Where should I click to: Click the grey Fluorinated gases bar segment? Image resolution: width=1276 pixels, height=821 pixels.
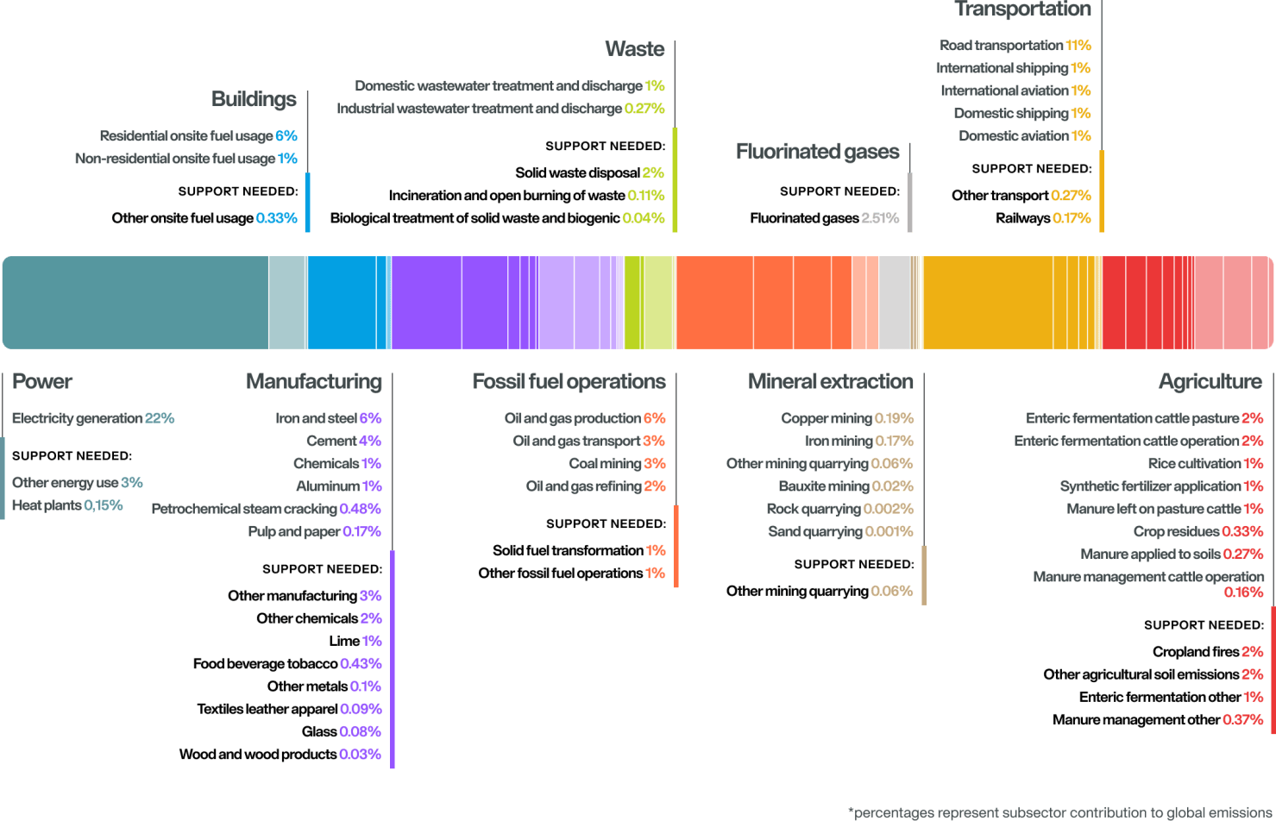coord(894,303)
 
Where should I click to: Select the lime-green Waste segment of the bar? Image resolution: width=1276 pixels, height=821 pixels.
coord(650,303)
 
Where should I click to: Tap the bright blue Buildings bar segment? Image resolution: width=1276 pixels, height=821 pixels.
coord(349,303)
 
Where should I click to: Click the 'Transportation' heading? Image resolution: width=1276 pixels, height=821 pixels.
coord(1022,9)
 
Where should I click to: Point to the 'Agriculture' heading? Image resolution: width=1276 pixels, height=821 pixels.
coord(1210,381)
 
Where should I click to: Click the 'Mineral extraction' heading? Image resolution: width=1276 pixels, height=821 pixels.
coord(830,381)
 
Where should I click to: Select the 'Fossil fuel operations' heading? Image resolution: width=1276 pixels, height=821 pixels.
coord(569,381)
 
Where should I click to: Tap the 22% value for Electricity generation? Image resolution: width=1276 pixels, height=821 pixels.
coord(160,418)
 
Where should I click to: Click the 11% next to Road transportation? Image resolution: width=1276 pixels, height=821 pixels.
coord(1078,45)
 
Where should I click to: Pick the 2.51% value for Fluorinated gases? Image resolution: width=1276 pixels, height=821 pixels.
coord(880,218)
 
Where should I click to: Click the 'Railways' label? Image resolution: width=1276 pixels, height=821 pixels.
coord(1022,218)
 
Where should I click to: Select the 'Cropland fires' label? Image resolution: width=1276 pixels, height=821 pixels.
coord(1195,652)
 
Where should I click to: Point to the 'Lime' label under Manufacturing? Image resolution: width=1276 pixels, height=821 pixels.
coord(344,641)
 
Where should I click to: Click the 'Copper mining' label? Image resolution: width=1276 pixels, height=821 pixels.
coord(826,418)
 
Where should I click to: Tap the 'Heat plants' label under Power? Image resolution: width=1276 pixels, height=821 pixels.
coord(47,505)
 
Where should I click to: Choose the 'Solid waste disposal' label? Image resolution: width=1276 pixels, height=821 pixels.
coord(577,172)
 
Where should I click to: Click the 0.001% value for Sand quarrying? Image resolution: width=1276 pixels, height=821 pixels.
coord(889,531)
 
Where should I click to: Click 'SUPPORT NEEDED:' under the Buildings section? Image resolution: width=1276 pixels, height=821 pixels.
coord(237,191)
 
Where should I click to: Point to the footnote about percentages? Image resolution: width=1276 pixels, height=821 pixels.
coord(1060,812)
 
